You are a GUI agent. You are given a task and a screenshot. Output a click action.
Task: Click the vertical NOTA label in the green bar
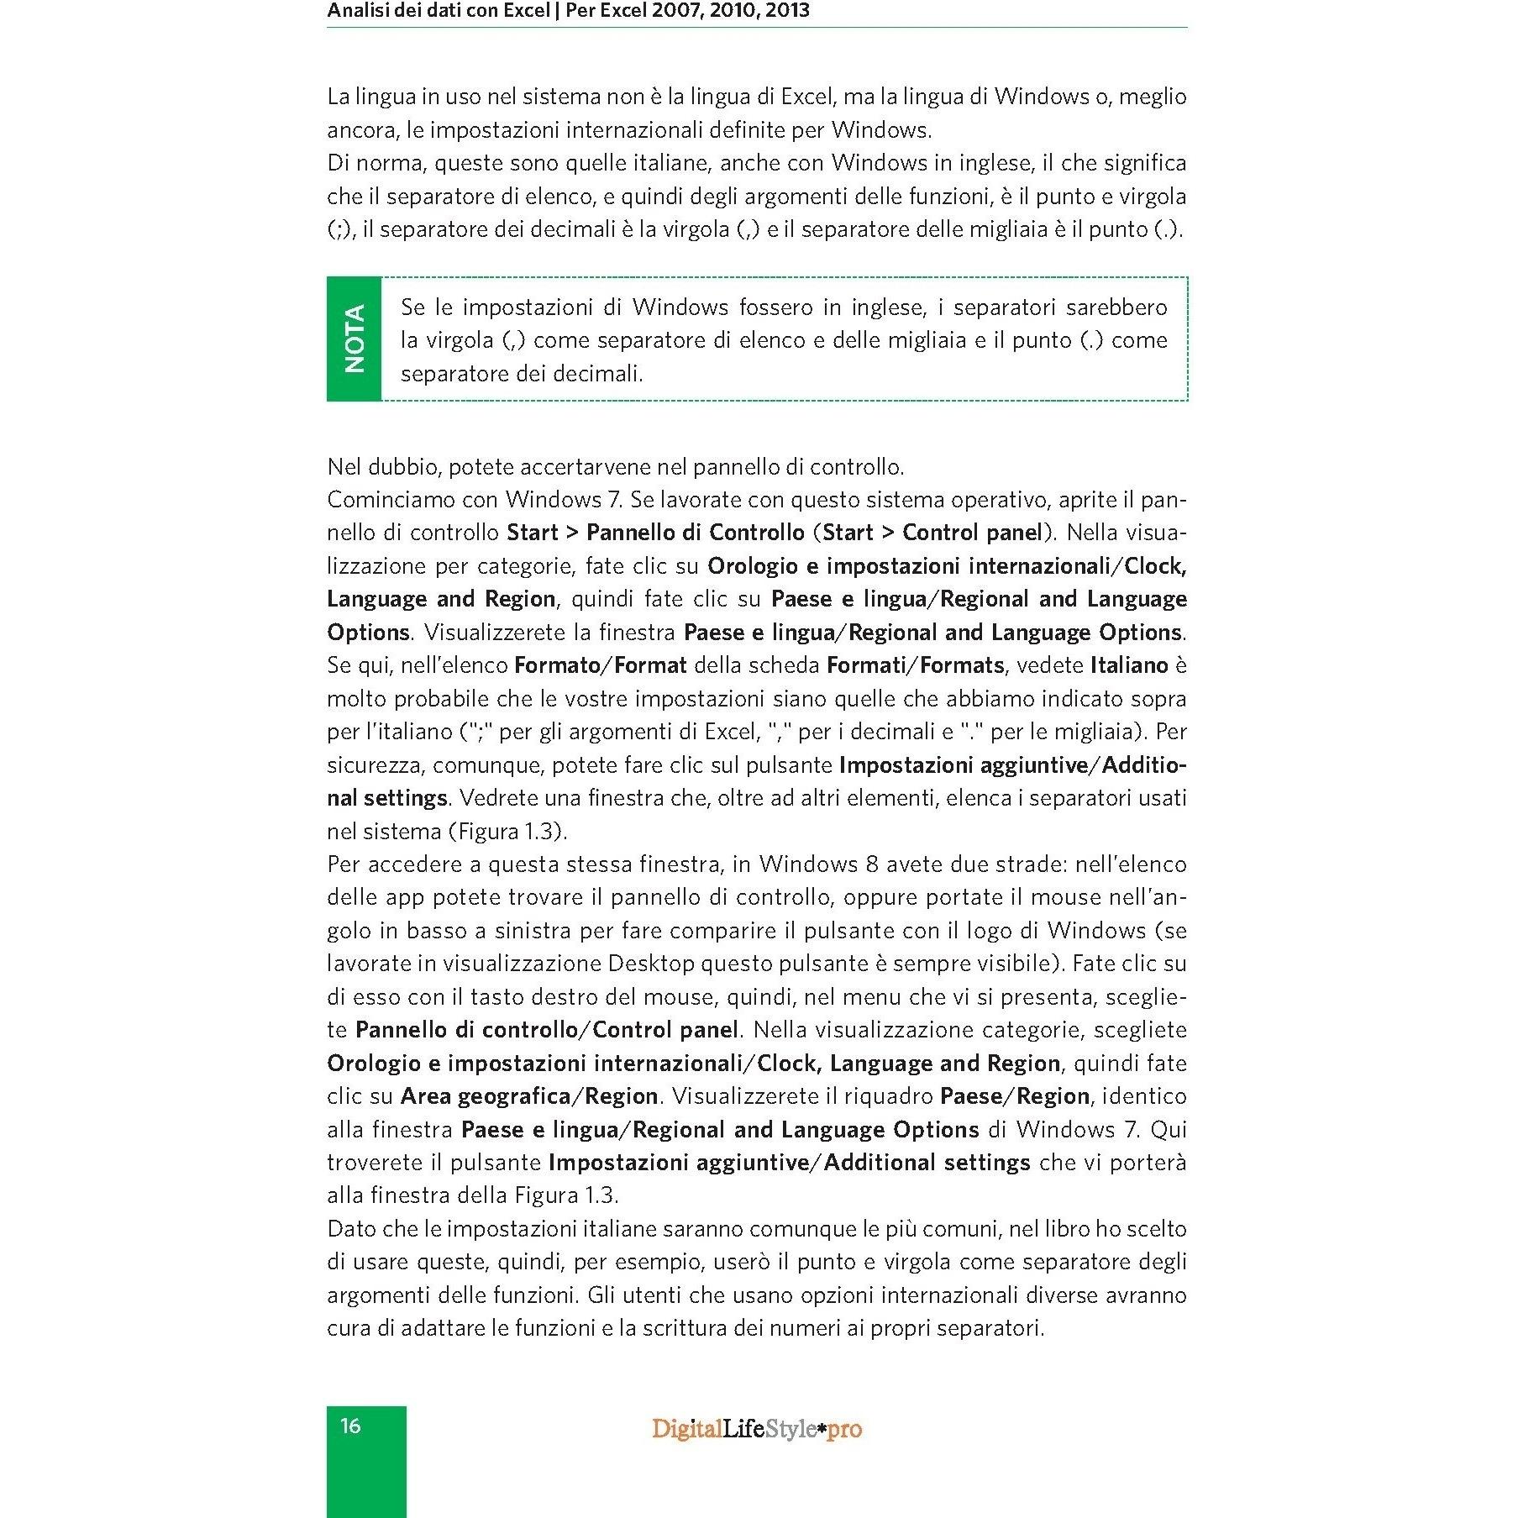coord(355,339)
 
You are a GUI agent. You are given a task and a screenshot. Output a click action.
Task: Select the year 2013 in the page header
coord(787,11)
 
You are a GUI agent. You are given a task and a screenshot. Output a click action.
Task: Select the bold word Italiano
coord(1129,665)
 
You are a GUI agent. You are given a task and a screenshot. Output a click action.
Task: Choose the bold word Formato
coord(554,665)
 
